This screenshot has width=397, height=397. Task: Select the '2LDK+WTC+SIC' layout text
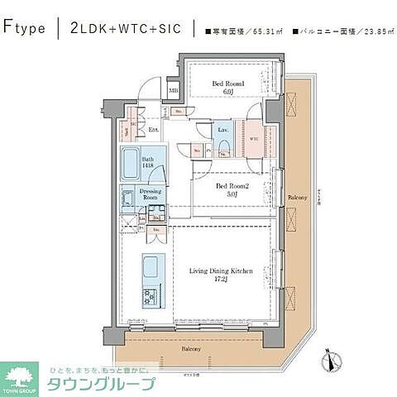[125, 28]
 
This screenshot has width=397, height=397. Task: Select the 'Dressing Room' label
[150, 195]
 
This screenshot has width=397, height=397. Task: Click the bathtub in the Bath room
[133, 165]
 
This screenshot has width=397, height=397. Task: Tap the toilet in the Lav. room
[224, 148]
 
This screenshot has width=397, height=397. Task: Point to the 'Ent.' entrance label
[153, 129]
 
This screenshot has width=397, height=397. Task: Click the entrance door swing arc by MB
[149, 87]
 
